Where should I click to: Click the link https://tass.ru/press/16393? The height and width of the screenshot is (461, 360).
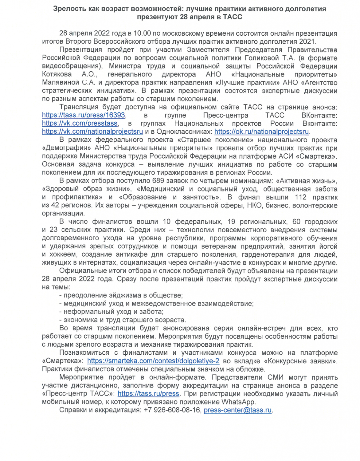coord(84,115)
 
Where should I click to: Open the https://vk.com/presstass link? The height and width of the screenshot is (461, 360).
coord(80,124)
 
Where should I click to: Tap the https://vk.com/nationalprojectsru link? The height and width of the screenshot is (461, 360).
coord(92,132)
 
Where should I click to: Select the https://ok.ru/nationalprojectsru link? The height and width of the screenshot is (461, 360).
coord(261,132)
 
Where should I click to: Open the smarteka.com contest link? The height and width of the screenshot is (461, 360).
coord(153,361)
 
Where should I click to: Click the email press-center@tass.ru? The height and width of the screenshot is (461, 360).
coord(237,410)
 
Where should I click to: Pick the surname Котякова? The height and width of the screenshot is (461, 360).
coord(57,74)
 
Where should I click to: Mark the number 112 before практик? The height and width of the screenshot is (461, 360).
coord(301,197)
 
